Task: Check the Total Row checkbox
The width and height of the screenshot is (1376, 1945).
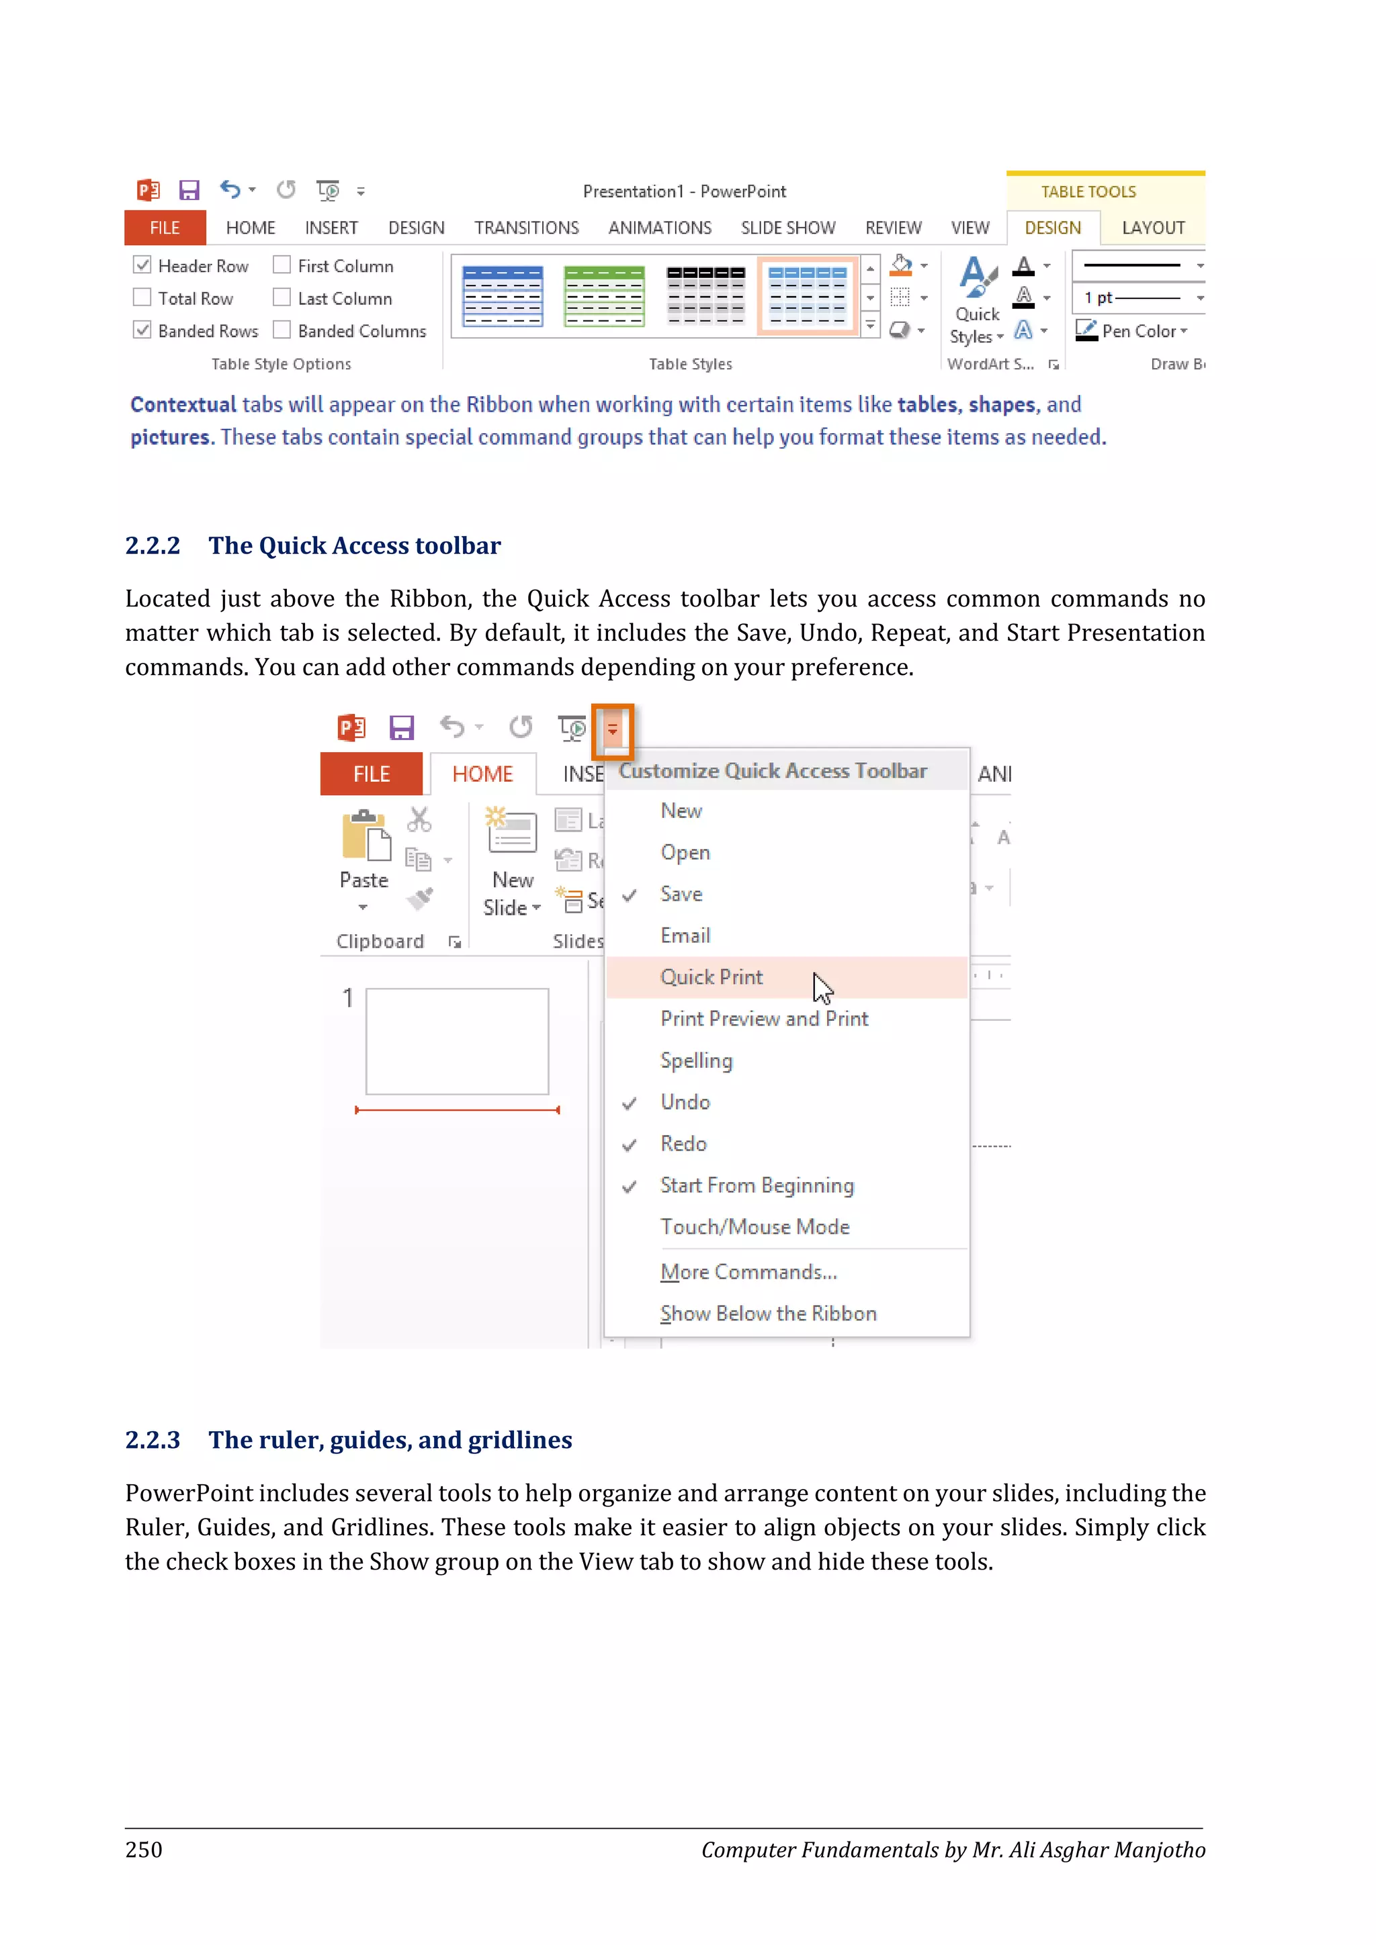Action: (142, 298)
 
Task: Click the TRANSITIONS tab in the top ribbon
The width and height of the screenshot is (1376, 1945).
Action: (526, 228)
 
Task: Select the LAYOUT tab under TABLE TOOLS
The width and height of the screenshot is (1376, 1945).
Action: (1152, 228)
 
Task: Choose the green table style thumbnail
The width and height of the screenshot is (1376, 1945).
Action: (604, 296)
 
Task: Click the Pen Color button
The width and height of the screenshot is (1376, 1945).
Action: (1131, 330)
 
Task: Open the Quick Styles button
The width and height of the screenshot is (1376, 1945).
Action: (976, 301)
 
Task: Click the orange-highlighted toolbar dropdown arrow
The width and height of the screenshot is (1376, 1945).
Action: (613, 729)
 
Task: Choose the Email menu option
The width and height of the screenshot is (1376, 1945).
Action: (685, 936)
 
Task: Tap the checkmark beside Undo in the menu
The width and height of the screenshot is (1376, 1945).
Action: (630, 1103)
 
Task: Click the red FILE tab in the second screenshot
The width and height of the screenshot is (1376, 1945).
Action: (371, 774)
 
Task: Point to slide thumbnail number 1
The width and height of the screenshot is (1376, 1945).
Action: (457, 1041)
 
